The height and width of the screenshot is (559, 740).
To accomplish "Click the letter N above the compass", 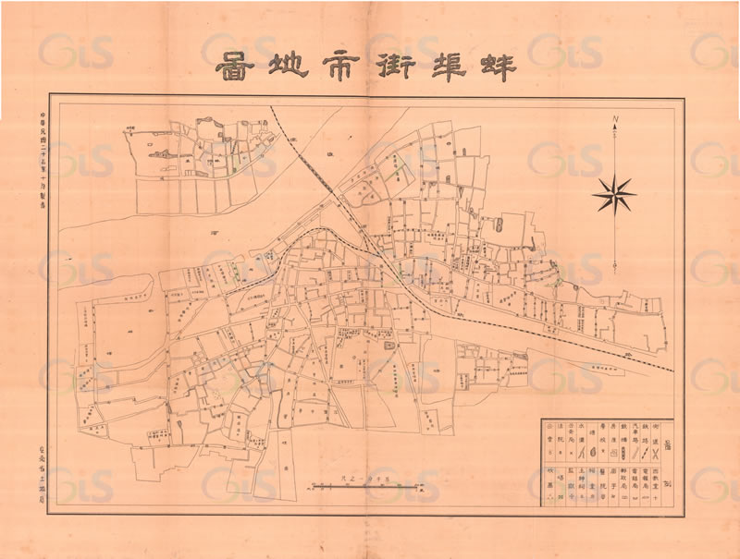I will coord(615,119).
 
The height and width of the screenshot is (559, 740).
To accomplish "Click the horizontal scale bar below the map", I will coord(365,484).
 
